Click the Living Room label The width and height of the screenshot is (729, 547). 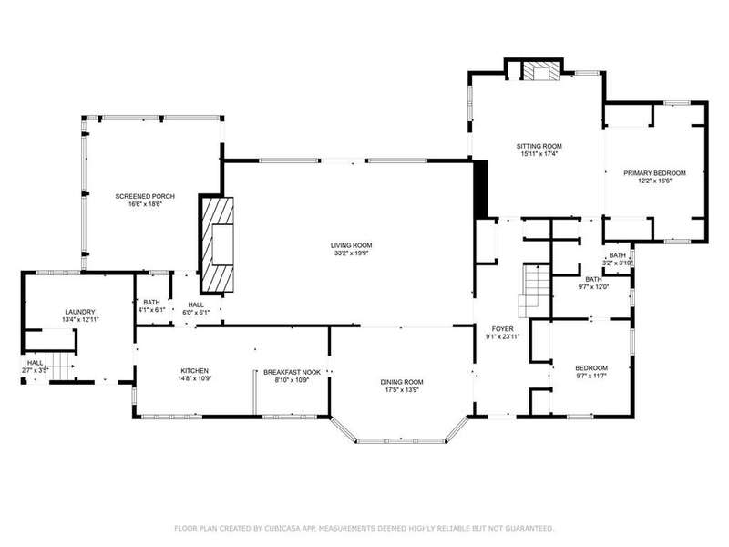pyautogui.click(x=352, y=245)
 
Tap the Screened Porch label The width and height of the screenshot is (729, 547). pyautogui.click(x=145, y=196)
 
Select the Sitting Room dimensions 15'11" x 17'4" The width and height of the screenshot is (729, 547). pyautogui.click(x=539, y=153)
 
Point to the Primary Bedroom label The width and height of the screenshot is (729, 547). pyautogui.click(x=654, y=173)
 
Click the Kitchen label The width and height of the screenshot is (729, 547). pyautogui.click(x=194, y=371)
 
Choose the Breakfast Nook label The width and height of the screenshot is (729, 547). pyautogui.click(x=292, y=372)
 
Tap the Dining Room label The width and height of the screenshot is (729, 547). pyautogui.click(x=402, y=382)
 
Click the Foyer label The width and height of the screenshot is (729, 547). pyautogui.click(x=503, y=329)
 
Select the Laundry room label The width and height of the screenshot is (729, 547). pyautogui.click(x=80, y=312)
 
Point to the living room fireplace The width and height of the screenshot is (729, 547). pyautogui.click(x=218, y=245)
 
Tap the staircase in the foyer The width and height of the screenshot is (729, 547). pyautogui.click(x=535, y=291)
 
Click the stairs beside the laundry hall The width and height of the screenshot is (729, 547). pyautogui.click(x=61, y=366)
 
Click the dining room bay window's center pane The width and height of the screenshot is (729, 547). pyautogui.click(x=401, y=440)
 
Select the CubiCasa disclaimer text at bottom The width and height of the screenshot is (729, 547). pyautogui.click(x=364, y=528)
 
